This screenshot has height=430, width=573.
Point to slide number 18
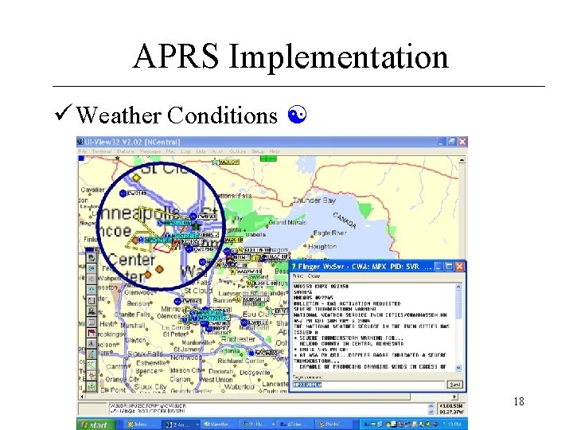coord(519,402)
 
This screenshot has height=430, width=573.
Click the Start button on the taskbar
coord(95,424)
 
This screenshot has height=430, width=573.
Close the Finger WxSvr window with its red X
coord(460,265)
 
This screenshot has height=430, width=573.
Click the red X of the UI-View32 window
coord(461,141)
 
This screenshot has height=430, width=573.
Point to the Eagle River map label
coord(329,233)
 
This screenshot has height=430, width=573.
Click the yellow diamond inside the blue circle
coord(136,178)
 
